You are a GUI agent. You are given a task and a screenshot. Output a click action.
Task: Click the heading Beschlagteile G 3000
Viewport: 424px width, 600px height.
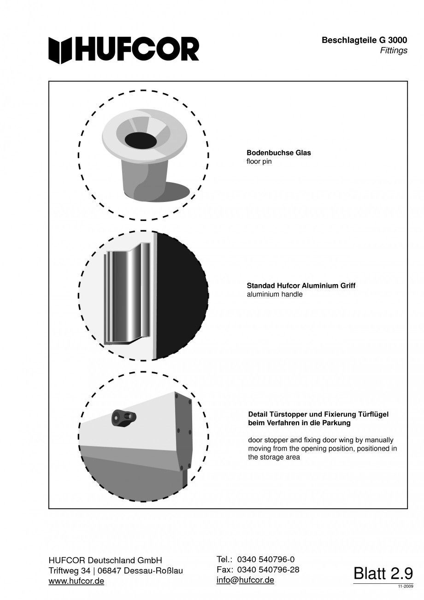coord(364,41)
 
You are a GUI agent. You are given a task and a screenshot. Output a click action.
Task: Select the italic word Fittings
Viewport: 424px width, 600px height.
coord(394,51)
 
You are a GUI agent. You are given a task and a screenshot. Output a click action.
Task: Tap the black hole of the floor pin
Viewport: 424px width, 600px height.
coord(141,140)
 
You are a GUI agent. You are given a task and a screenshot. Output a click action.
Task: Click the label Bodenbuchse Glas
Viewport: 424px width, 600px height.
coord(278,153)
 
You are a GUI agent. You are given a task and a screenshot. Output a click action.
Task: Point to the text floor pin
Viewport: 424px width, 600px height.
coord(259,162)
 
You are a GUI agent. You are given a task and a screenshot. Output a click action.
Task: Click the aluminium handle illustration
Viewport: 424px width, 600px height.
coord(128,297)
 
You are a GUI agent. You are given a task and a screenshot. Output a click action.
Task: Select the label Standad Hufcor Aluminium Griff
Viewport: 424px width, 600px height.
coord(301,285)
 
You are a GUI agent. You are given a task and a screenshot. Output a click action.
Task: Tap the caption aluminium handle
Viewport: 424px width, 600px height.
coord(275,294)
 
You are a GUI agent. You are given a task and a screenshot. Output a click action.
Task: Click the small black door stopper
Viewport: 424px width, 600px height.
coord(124,418)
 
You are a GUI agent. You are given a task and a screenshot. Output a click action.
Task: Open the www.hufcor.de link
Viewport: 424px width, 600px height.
coord(76,581)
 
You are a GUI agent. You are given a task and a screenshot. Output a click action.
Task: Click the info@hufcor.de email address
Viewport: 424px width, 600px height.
coord(245,580)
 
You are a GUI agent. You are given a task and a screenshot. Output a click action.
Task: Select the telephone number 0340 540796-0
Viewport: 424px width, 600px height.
coord(265,559)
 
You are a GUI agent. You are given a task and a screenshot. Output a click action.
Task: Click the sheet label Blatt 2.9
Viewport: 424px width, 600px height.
coord(383,573)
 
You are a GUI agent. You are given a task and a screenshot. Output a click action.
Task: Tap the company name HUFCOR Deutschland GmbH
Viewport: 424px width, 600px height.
coord(105,560)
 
